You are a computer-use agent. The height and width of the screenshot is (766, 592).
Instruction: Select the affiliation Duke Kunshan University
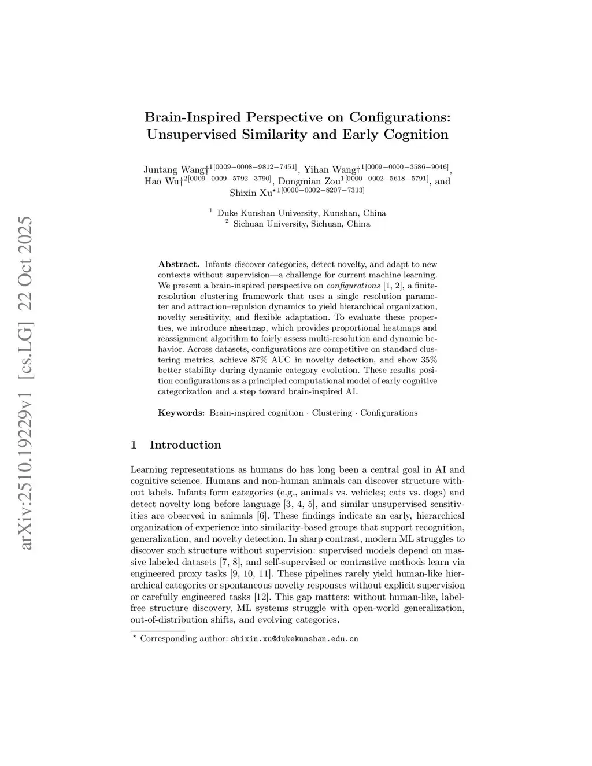point(269,213)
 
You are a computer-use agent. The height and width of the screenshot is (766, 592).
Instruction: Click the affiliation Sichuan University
point(270,224)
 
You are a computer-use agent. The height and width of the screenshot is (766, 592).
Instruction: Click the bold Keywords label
point(181,413)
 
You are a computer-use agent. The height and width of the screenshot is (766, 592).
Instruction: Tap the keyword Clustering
point(332,413)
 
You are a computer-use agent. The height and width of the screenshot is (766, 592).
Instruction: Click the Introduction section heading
point(185,445)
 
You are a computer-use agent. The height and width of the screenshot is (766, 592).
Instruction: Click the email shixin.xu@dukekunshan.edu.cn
point(294,639)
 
